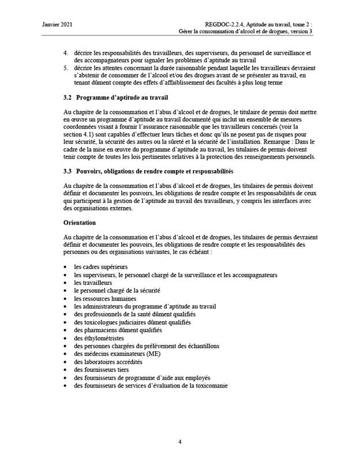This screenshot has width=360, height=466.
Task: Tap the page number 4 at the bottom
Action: click(179, 442)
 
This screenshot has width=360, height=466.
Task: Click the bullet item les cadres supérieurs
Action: click(100, 267)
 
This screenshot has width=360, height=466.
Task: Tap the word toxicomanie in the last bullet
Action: click(211, 385)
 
